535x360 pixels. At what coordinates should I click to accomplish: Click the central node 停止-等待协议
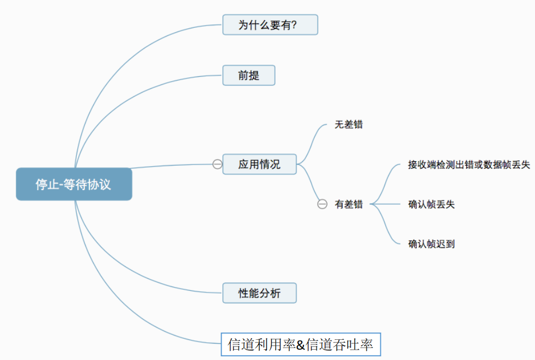tap(74, 184)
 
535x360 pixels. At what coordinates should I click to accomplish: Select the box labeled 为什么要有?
tap(270, 25)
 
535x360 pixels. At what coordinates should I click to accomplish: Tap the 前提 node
tap(249, 75)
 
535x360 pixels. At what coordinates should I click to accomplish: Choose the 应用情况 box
tap(259, 164)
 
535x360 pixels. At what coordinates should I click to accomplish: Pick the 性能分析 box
tap(259, 293)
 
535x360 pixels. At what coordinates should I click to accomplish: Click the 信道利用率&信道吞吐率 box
tap(301, 345)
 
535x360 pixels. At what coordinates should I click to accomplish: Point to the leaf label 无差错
tap(348, 125)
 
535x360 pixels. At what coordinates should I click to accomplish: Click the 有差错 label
tap(348, 204)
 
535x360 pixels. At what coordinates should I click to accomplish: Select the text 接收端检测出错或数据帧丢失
tap(469, 165)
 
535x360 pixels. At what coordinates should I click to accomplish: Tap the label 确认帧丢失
tap(431, 204)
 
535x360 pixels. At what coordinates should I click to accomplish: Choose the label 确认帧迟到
tap(431, 244)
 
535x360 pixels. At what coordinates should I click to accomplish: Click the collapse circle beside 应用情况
tap(217, 164)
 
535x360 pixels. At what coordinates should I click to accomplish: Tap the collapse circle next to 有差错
tap(323, 204)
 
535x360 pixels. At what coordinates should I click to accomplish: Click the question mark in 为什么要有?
tap(294, 25)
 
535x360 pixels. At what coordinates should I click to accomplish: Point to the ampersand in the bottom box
tap(300, 345)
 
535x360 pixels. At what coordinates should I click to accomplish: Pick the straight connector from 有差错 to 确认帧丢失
tap(385, 204)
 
